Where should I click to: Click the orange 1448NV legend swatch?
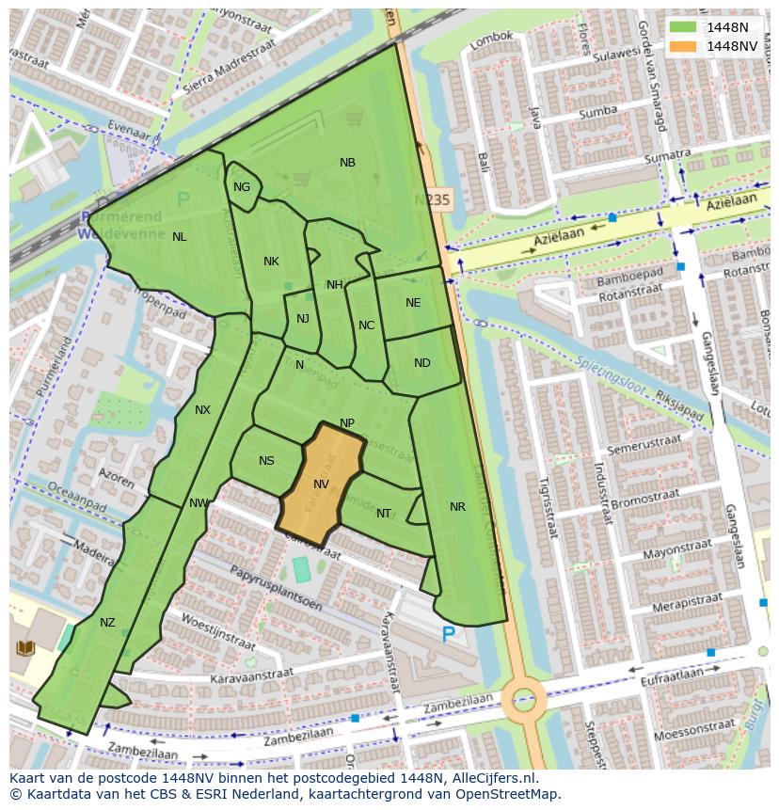pos(683,45)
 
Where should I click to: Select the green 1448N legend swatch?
pos(683,27)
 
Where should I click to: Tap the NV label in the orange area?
pos(321,484)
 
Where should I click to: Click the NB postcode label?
pos(347,163)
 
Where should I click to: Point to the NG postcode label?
pos(242,187)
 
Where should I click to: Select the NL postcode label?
pos(179,237)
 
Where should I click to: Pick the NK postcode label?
pos(271,262)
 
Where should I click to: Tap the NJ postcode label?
pos(302,319)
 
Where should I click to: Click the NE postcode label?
pos(413,303)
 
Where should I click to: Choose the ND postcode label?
pos(421,363)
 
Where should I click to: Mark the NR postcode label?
pos(457,507)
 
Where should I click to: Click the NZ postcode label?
pos(107,623)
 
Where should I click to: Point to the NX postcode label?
pos(202,410)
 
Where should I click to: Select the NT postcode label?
pos(384,514)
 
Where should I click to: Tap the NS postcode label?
pos(266,461)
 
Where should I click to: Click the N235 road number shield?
pos(433,199)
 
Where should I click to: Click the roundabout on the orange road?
pos(523,699)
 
